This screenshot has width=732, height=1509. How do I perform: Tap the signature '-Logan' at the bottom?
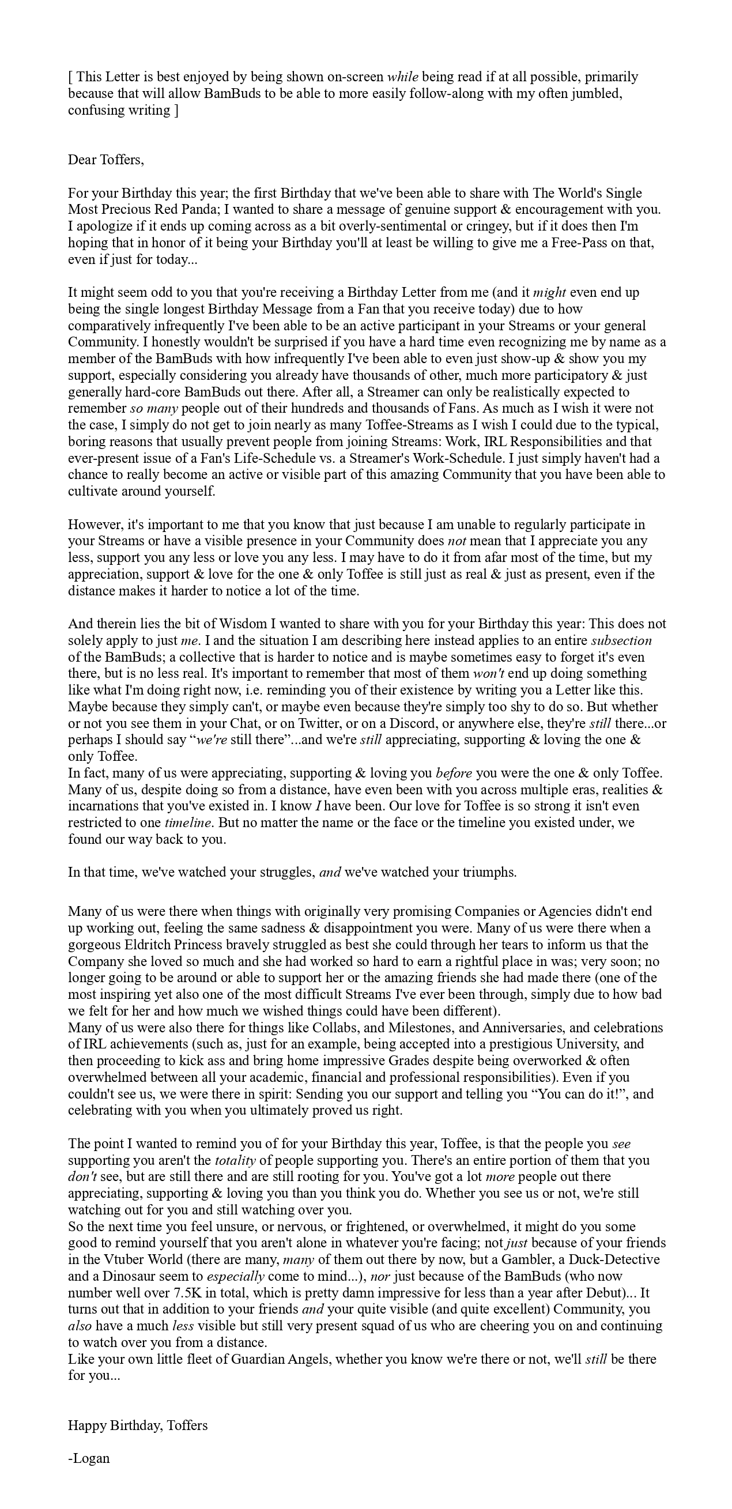pyautogui.click(x=89, y=1458)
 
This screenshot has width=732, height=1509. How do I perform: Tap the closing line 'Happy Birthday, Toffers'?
pyautogui.click(x=138, y=1425)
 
